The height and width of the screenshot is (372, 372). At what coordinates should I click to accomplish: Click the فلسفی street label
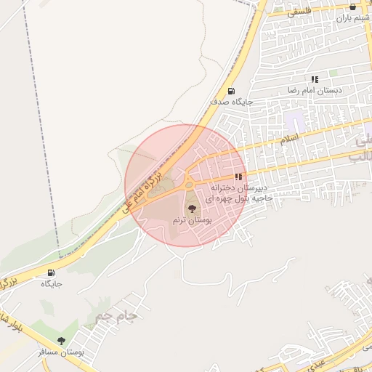coord(299,12)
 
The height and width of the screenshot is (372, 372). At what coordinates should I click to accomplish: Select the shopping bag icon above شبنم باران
coord(352,7)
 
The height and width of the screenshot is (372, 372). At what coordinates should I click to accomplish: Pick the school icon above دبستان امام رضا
coord(315,78)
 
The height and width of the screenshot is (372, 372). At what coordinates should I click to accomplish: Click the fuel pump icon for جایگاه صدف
coord(231,91)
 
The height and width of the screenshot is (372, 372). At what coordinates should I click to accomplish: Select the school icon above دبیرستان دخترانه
coord(238,177)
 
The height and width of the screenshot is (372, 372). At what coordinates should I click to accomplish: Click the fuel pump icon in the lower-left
coord(51,273)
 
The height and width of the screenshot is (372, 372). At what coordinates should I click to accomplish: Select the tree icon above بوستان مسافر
coord(61,340)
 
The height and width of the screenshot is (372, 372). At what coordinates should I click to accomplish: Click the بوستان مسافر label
coord(62,352)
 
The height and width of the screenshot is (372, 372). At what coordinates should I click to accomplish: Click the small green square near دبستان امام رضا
coord(333,73)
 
